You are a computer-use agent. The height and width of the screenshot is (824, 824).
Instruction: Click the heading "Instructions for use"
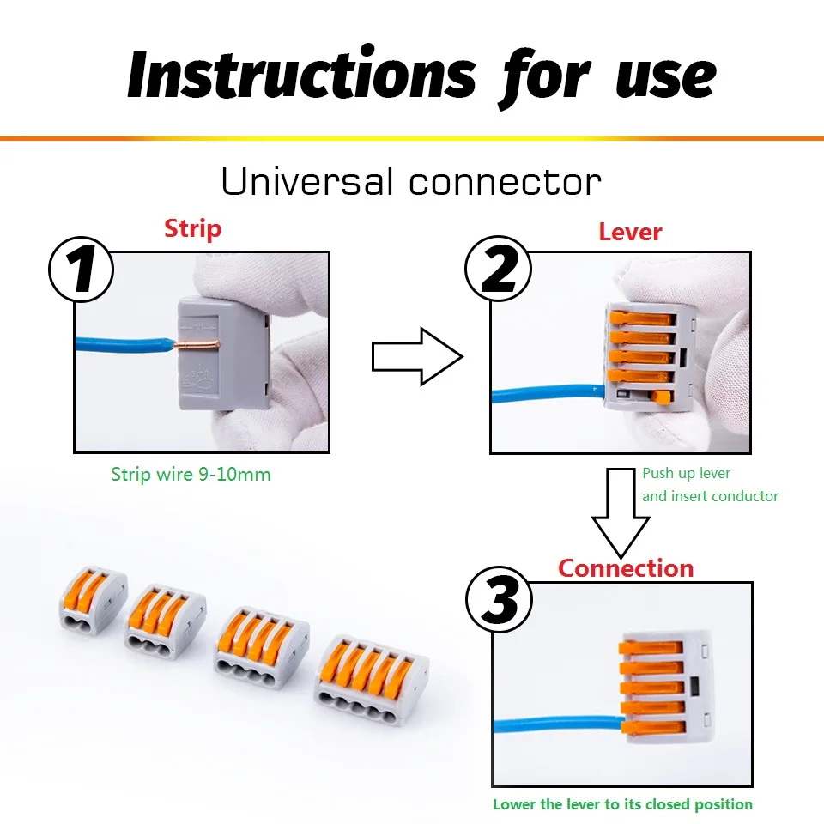(x=421, y=76)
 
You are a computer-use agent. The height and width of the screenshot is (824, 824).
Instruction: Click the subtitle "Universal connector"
(x=411, y=183)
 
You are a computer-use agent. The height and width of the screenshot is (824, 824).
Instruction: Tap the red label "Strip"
(x=192, y=229)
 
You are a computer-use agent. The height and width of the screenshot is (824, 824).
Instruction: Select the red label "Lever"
(x=630, y=232)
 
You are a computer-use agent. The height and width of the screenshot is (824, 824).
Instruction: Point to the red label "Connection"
(x=625, y=568)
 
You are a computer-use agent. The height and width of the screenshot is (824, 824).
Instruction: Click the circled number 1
(x=82, y=268)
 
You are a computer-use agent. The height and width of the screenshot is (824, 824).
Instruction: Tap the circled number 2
(x=499, y=268)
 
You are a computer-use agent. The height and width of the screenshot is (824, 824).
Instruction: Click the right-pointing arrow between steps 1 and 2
(x=416, y=355)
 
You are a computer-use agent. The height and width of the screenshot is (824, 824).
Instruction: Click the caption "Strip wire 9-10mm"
(x=191, y=474)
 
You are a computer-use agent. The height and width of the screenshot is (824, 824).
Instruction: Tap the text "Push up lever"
(x=687, y=473)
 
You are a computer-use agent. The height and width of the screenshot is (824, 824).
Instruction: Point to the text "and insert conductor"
(x=710, y=496)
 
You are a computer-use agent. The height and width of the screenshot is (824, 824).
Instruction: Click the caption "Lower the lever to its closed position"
(x=622, y=804)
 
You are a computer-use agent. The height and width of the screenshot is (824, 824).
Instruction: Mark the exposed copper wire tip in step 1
(x=197, y=345)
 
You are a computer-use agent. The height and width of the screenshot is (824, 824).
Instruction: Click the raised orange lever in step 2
(x=659, y=396)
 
